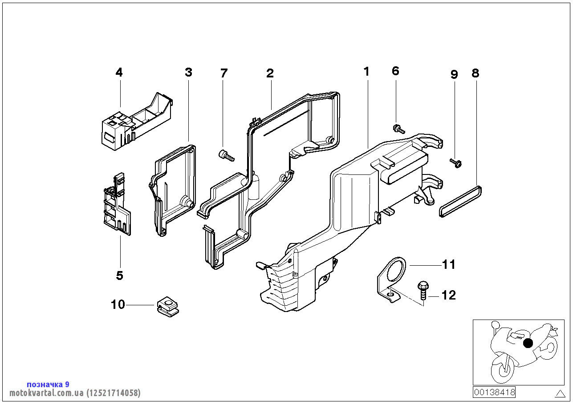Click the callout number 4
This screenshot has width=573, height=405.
(119, 73)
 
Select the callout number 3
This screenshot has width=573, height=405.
(188, 73)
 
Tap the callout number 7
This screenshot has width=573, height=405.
(224, 73)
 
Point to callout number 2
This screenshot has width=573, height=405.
(270, 73)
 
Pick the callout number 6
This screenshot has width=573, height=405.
(395, 71)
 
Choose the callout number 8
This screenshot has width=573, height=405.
(475, 73)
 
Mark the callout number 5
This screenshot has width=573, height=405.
(119, 275)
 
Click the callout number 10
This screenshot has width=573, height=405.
(118, 305)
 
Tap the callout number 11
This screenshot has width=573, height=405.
(449, 265)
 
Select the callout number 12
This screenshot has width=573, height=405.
(449, 295)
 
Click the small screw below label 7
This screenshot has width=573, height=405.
(226, 155)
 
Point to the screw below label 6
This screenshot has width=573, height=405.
(398, 130)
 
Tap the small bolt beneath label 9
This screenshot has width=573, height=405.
(456, 163)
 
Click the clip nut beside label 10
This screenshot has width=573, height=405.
(168, 307)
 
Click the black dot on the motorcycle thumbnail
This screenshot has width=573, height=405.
(528, 343)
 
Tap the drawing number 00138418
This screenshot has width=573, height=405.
(494, 392)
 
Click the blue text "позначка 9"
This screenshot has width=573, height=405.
(48, 384)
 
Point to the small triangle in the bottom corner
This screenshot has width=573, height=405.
(560, 393)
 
